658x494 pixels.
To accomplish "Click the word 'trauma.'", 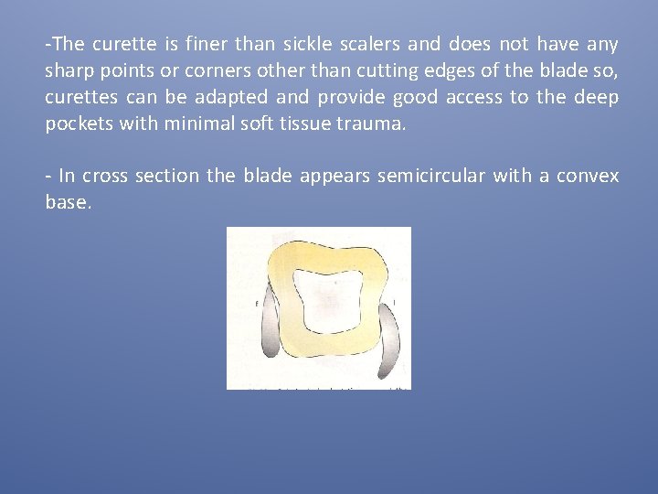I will pos(372,123).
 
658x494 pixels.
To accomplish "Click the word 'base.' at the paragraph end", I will pos(69,202).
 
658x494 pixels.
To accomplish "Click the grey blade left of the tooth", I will pos(271,326).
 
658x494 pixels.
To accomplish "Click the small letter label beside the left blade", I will pos(257,301).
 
